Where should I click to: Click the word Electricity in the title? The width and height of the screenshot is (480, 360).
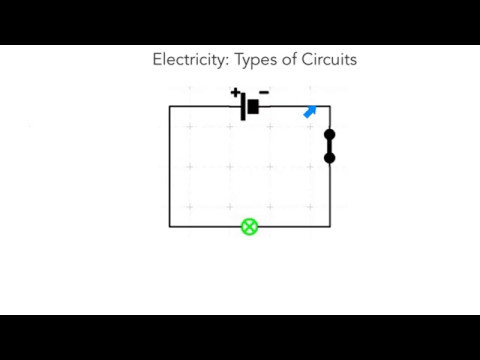point(190,60)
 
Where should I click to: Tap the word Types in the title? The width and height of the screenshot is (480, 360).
point(256,60)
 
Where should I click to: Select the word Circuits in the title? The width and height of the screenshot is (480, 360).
point(327,60)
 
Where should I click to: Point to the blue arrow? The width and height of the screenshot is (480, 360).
point(310,112)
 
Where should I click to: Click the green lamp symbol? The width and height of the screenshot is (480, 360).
point(249,227)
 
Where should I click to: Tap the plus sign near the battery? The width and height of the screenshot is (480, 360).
point(236,93)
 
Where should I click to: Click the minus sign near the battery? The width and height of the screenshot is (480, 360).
point(263,92)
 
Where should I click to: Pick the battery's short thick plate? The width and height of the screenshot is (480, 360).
point(254,106)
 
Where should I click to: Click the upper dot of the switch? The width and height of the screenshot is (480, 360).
point(330,134)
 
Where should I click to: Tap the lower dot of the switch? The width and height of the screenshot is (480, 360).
point(330,157)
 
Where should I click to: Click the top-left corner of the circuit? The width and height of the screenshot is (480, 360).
point(170,106)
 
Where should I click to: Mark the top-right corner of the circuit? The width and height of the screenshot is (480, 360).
point(330,106)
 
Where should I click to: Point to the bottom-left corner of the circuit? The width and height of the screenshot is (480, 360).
point(170,227)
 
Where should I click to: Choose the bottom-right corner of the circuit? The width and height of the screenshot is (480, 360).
point(330,227)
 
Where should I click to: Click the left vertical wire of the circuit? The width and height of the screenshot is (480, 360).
point(170,166)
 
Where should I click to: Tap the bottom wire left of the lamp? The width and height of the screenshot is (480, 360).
point(205,227)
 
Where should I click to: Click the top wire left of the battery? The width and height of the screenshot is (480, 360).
point(205,106)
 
